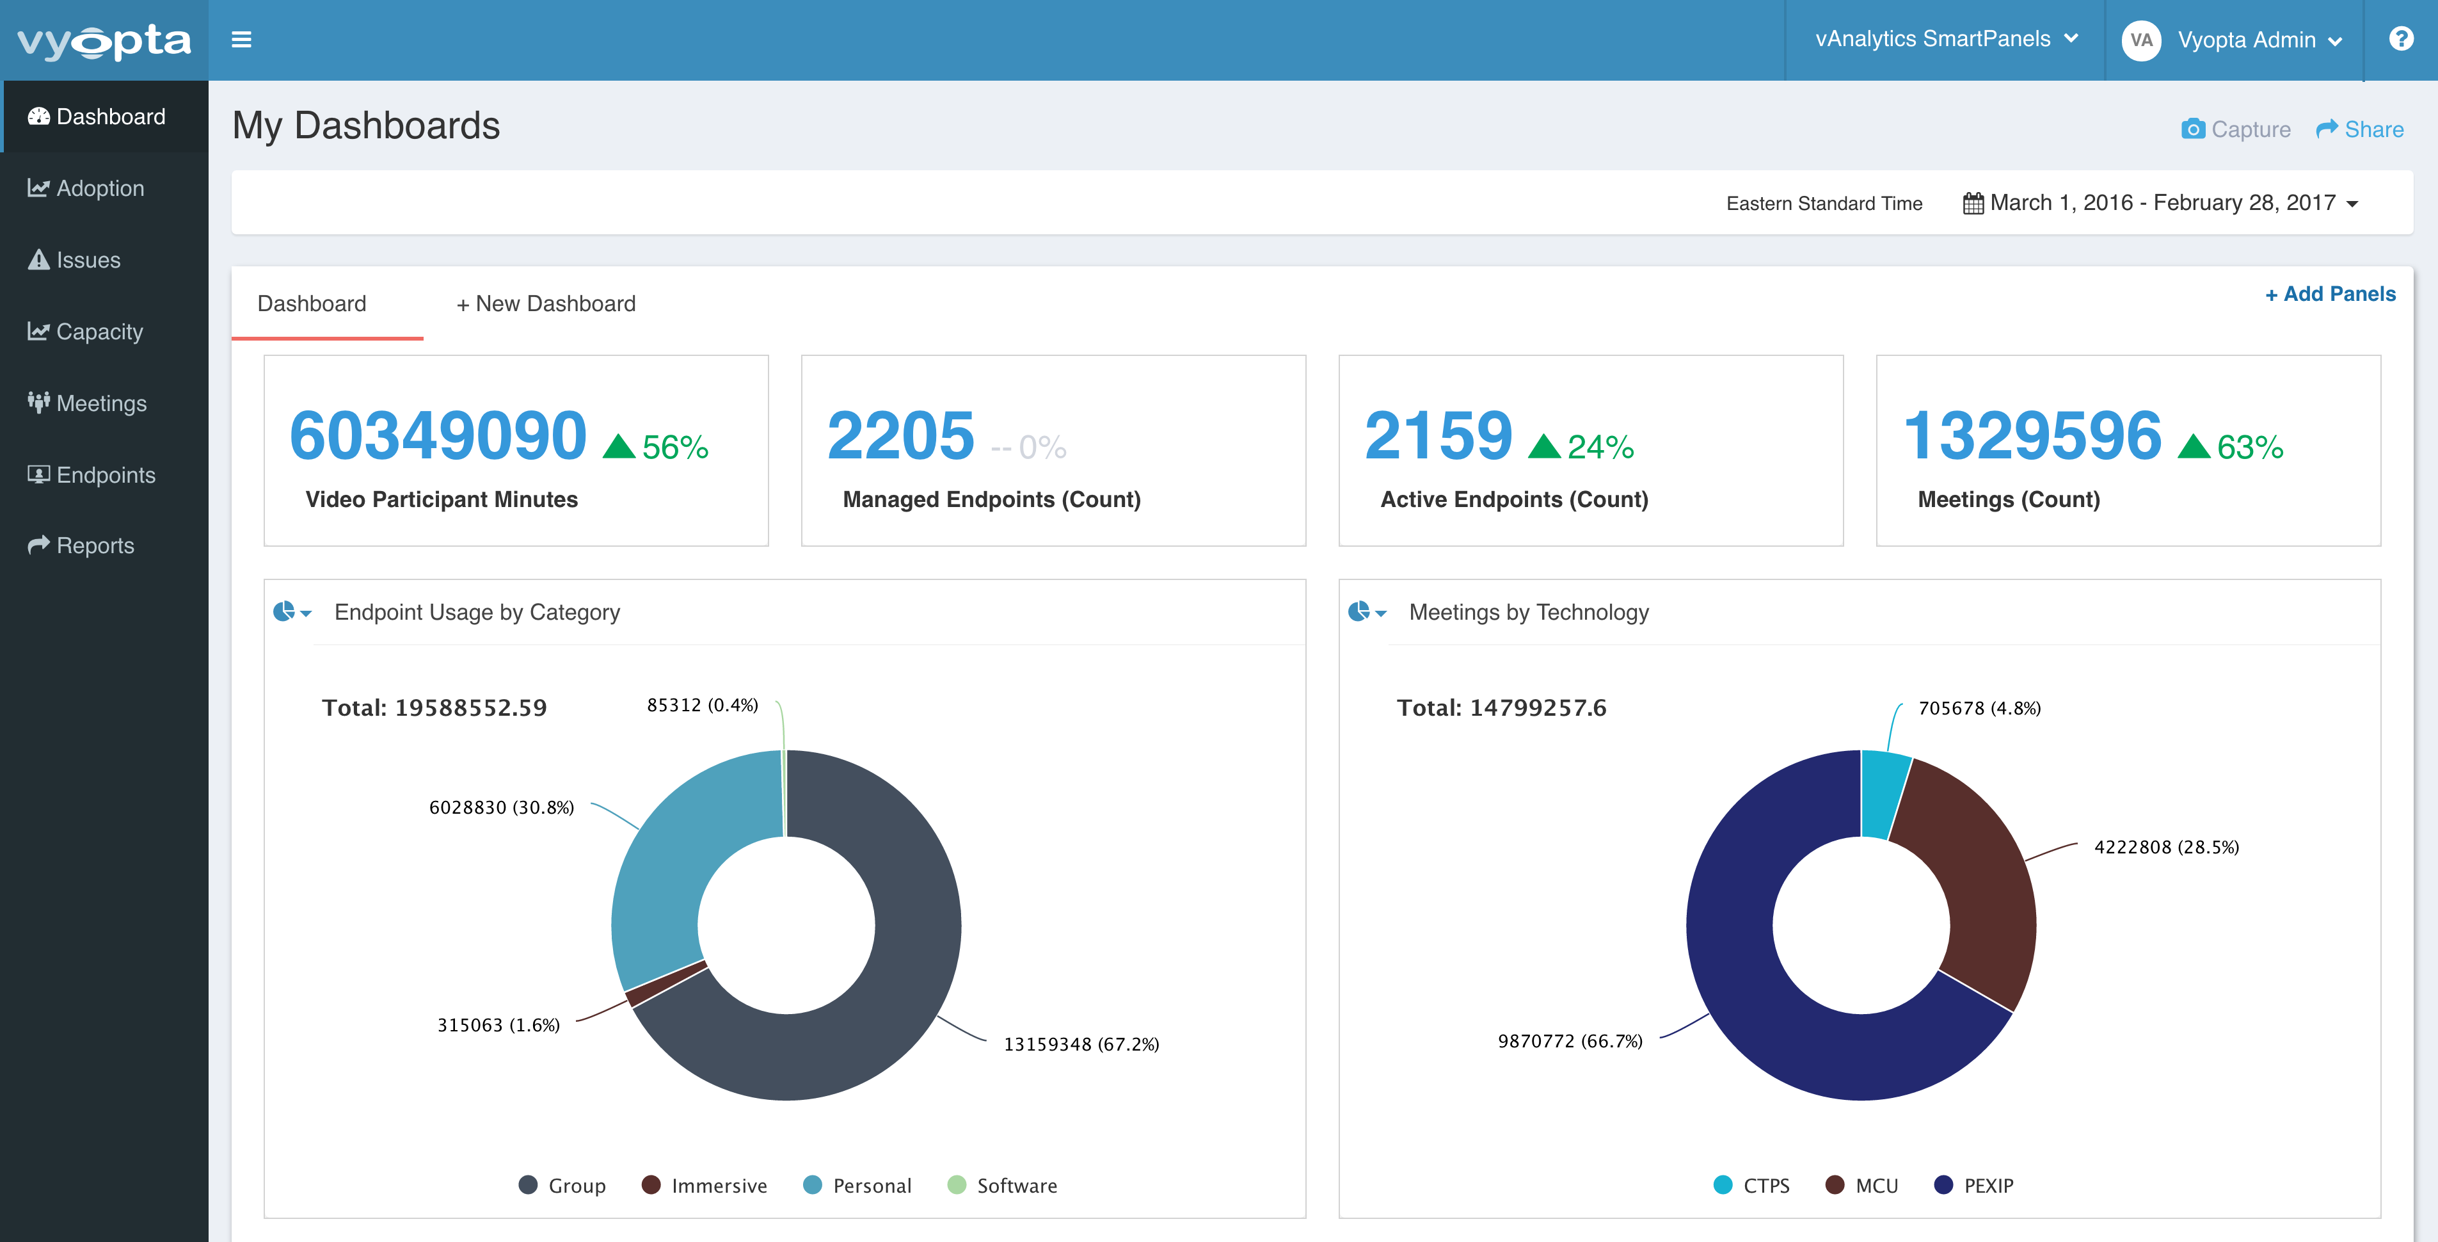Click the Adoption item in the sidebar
tap(99, 188)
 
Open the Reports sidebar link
tap(95, 545)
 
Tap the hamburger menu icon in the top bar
tap(241, 40)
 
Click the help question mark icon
tap(2400, 39)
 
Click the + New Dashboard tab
tap(546, 304)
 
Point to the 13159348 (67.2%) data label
tap(1081, 1044)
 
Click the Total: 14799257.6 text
tap(1501, 707)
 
